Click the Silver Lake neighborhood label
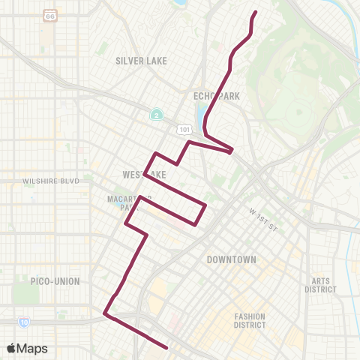click(x=141, y=61)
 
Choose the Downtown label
click(x=231, y=259)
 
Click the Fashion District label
click(x=250, y=320)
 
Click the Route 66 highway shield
click(x=50, y=15)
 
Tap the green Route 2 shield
click(x=155, y=114)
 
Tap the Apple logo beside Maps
click(x=12, y=348)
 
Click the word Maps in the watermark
click(x=33, y=348)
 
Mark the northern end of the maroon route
click(x=256, y=12)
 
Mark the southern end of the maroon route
click(x=166, y=347)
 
